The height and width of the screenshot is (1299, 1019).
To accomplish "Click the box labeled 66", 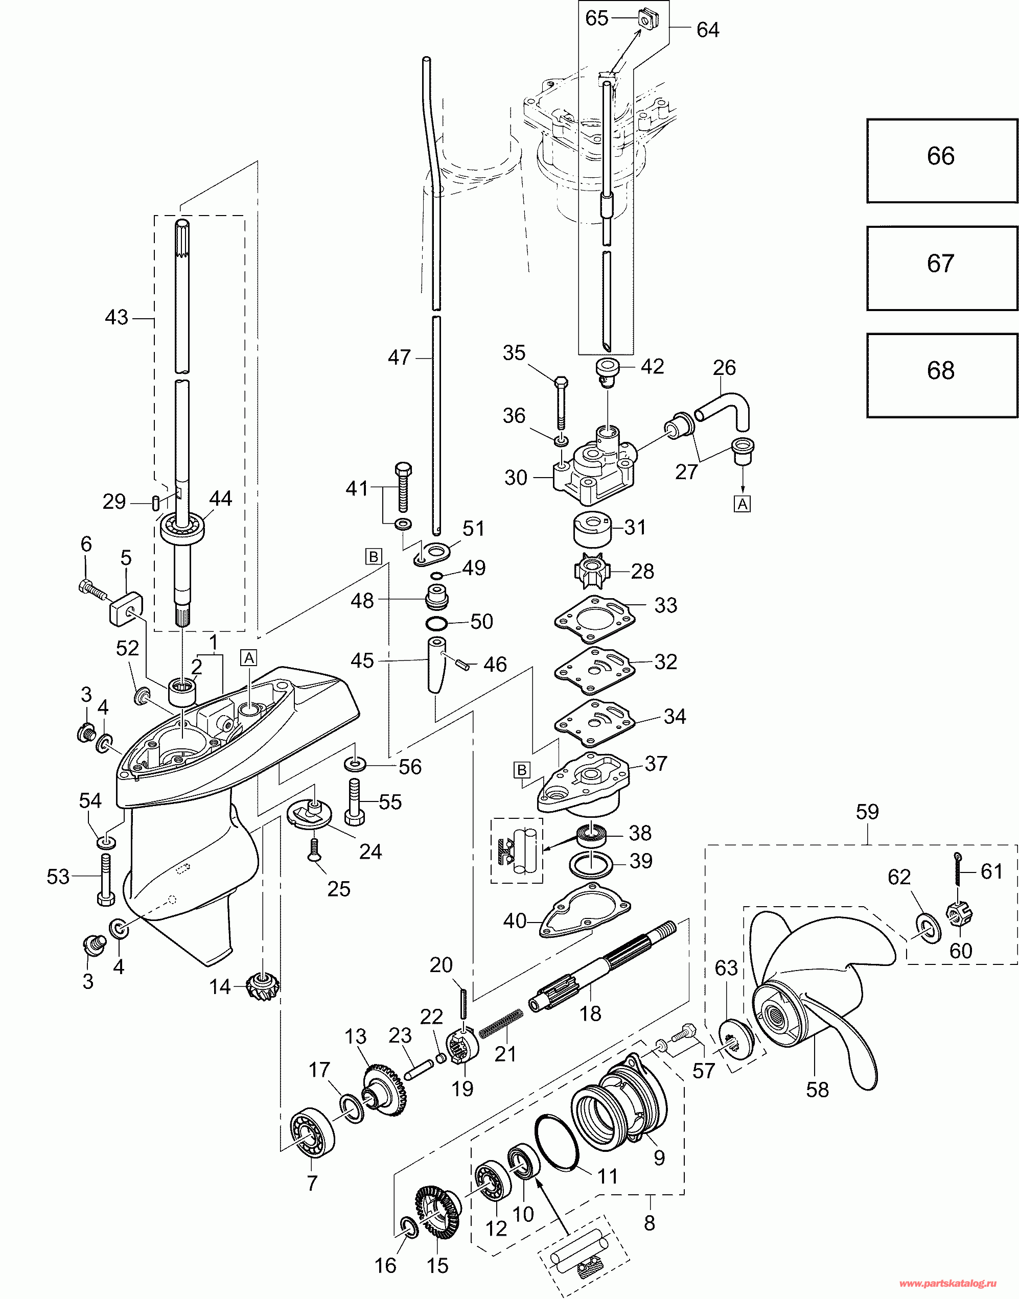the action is [941, 161].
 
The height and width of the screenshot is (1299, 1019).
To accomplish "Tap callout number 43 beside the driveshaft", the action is [117, 317].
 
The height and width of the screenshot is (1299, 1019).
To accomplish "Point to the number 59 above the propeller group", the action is [867, 812].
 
